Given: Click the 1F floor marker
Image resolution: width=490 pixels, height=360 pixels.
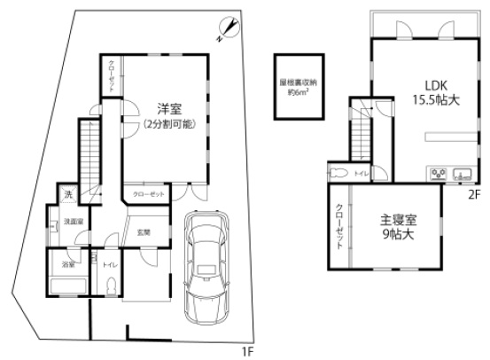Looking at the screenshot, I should click(249, 351).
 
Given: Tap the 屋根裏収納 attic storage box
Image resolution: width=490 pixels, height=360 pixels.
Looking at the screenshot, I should click(294, 85).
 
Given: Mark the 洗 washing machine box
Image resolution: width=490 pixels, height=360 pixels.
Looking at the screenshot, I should click(69, 192).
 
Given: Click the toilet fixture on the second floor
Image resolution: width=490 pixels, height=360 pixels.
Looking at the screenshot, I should click(340, 173).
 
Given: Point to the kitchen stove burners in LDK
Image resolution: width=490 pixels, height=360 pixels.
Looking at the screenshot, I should click(441, 173).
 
